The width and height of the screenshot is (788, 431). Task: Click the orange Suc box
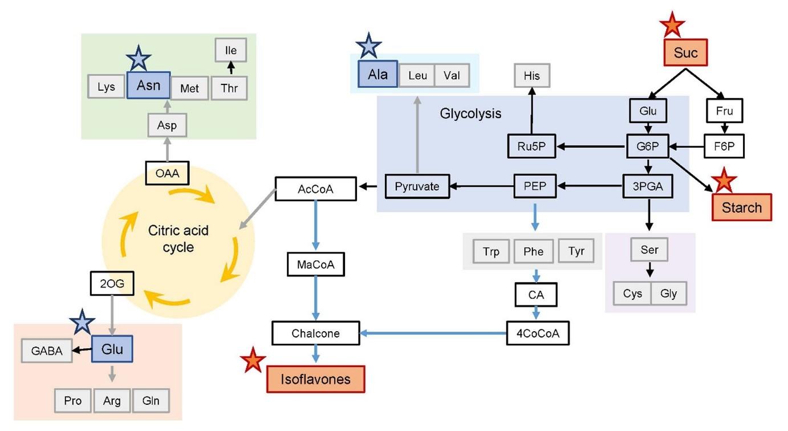coord(685,53)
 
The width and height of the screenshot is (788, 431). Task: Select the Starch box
coord(741,207)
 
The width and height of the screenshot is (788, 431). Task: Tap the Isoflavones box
coord(315,379)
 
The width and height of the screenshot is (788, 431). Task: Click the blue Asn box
coord(147,87)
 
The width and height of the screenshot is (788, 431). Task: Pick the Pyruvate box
coord(417,186)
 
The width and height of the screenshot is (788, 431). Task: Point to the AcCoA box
coord(315,188)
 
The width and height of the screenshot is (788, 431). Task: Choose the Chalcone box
coord(315,333)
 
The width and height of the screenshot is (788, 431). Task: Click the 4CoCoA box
coord(538,333)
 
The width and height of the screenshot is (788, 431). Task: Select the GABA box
coord(47,351)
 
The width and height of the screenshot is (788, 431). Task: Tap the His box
coord(532,75)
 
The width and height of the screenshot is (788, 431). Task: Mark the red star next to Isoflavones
coord(253,360)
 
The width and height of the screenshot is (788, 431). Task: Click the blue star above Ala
coord(368,46)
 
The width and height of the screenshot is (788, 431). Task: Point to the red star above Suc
coord(672,24)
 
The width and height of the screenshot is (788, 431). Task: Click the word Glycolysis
coord(470,113)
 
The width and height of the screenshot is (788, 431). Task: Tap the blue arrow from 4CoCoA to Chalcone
coord(433,333)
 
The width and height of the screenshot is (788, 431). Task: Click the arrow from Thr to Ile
coord(230,69)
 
